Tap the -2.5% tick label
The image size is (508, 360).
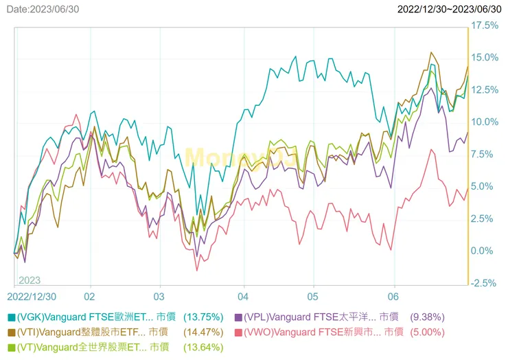(x=485, y=283)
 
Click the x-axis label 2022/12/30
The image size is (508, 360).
(x=32, y=297)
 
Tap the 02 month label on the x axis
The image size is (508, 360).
(x=90, y=297)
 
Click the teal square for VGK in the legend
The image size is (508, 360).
(x=11, y=317)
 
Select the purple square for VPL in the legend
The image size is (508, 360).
(x=238, y=317)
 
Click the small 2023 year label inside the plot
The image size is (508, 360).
(x=30, y=280)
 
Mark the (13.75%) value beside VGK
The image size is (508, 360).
(x=203, y=317)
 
